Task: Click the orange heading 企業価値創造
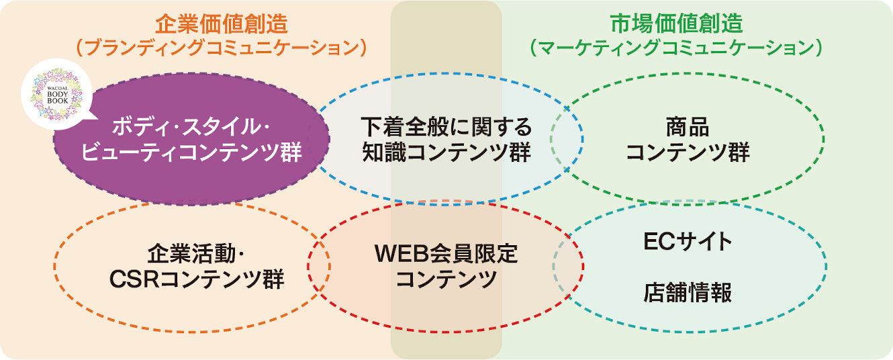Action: [222, 24]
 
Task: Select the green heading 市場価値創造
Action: [677, 24]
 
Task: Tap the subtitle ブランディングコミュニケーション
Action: [222, 48]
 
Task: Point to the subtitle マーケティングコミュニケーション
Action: [677, 48]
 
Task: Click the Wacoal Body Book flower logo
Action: [57, 94]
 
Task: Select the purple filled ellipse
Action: [191, 139]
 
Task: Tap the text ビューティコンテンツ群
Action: [191, 152]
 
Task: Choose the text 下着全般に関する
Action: [446, 127]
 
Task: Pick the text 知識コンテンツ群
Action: [446, 152]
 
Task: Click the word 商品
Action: [688, 127]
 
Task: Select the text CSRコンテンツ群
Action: [197, 279]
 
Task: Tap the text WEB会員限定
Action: [446, 254]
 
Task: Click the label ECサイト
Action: [688, 242]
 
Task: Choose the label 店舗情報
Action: [688, 293]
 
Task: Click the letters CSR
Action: [134, 279]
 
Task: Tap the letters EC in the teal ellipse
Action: [658, 242]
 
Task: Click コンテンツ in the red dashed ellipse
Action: [446, 279]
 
